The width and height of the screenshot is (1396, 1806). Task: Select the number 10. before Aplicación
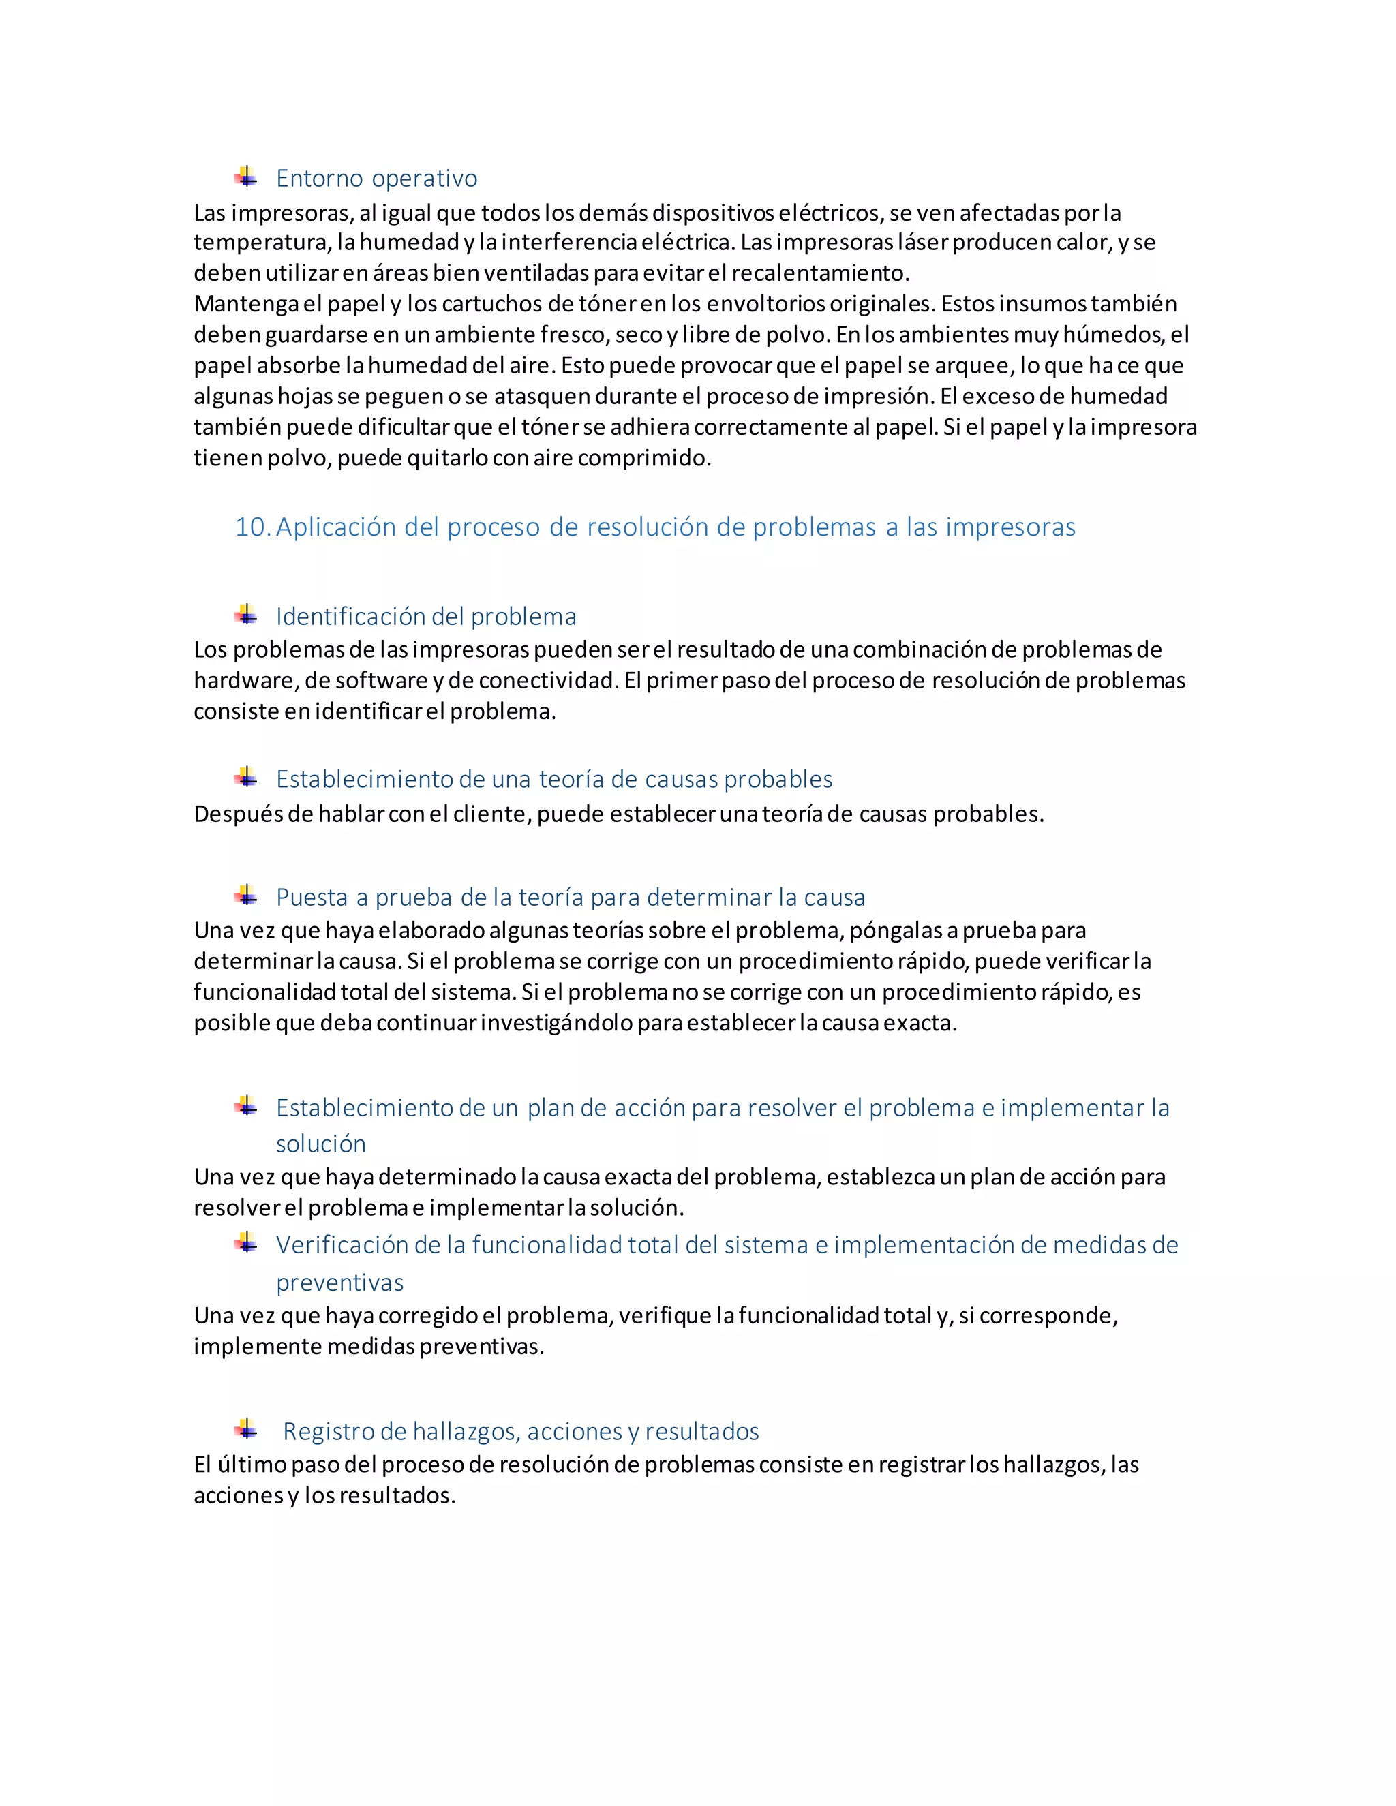point(252,527)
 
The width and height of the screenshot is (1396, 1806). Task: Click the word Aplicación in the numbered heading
point(337,527)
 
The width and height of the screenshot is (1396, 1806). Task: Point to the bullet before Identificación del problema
point(245,615)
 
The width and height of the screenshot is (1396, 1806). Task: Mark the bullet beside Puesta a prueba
point(245,896)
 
